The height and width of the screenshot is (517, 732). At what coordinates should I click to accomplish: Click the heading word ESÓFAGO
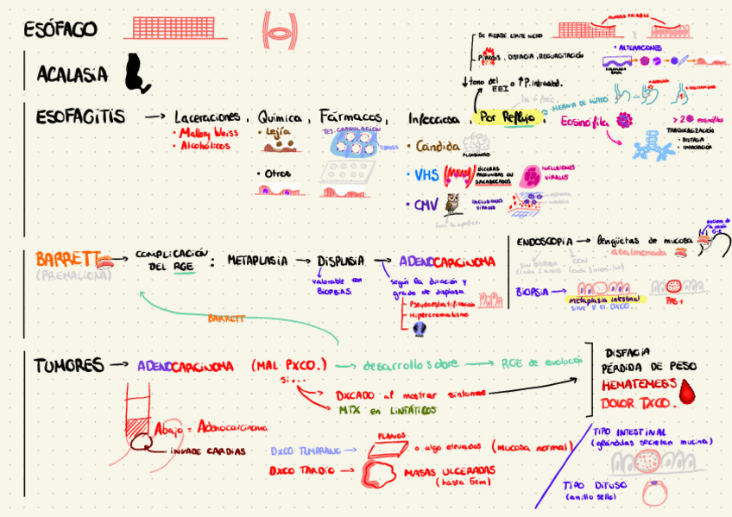click(x=60, y=29)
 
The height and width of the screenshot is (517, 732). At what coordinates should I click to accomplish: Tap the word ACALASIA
click(x=73, y=75)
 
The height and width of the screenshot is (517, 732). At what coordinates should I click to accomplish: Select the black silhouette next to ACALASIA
click(x=136, y=73)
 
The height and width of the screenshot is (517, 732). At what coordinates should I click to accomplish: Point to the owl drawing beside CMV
click(x=453, y=205)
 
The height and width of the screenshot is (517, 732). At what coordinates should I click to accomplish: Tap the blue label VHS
click(x=426, y=175)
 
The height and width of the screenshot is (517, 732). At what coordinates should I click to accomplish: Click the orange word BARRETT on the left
click(x=66, y=258)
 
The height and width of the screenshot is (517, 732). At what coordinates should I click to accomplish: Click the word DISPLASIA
click(x=340, y=261)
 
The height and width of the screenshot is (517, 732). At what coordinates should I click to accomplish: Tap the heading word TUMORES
click(x=69, y=365)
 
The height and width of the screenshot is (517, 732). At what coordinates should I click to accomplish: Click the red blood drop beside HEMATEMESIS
click(x=687, y=394)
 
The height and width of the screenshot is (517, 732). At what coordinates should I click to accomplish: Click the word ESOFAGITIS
click(x=80, y=116)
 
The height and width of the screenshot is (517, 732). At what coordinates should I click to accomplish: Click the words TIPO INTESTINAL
click(x=630, y=432)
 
